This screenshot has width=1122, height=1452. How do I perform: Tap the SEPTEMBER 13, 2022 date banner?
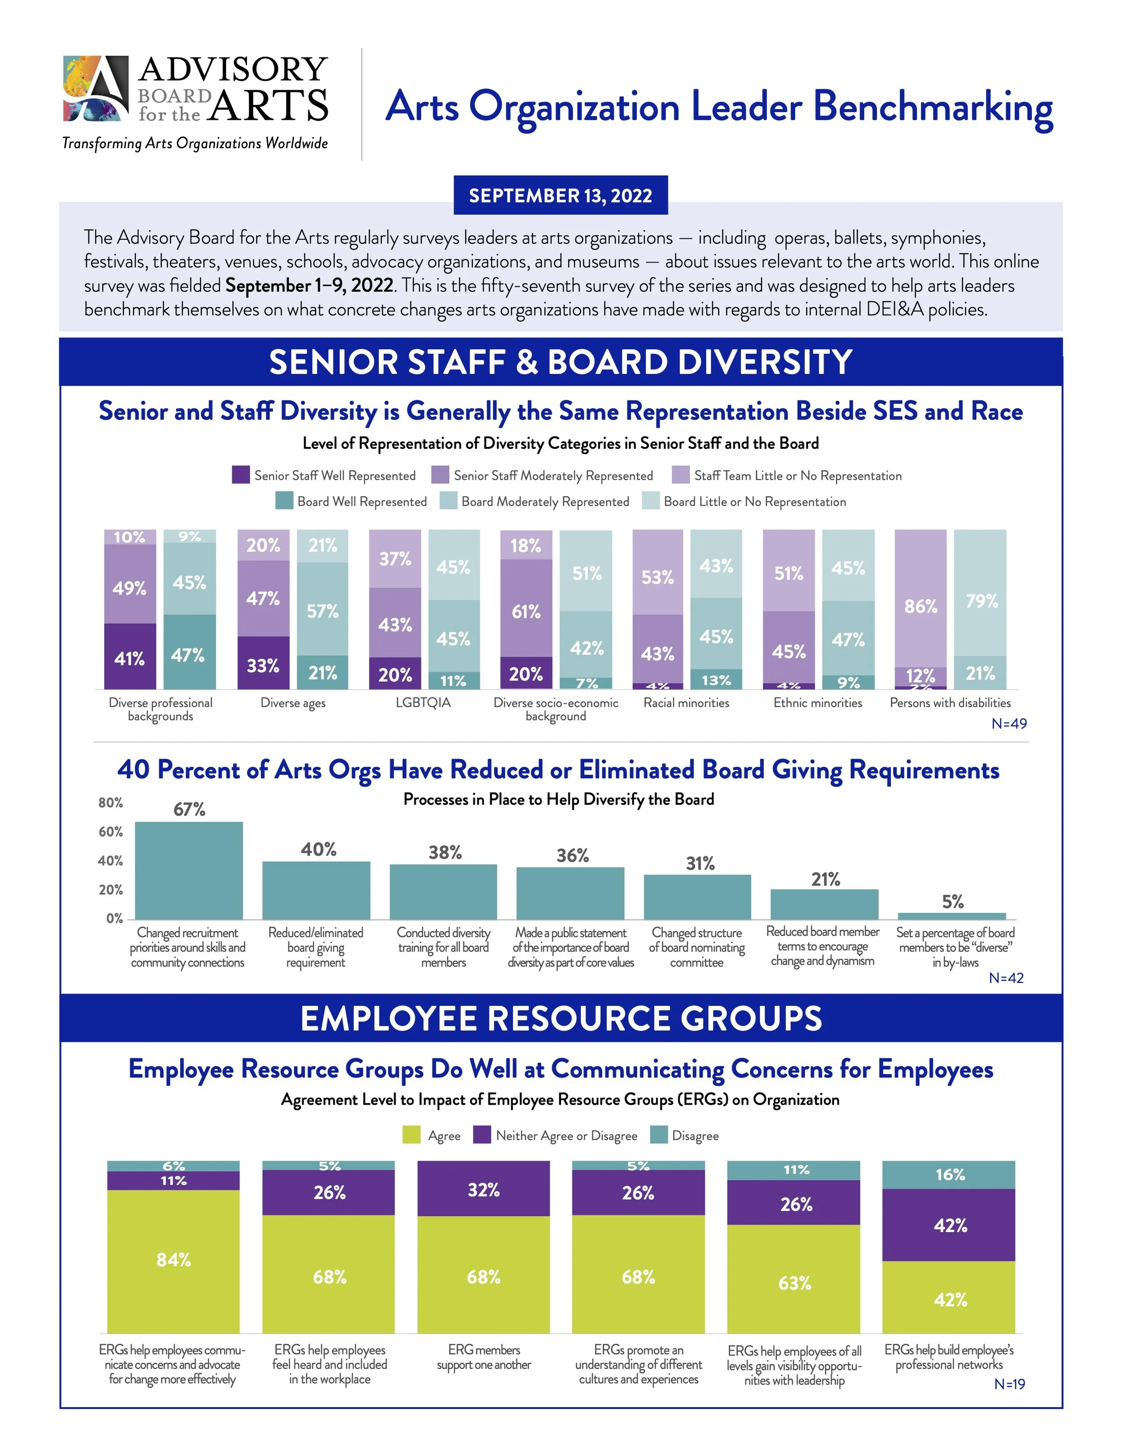561,195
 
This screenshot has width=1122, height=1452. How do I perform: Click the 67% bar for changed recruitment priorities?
189,870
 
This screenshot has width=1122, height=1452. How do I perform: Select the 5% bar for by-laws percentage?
952,916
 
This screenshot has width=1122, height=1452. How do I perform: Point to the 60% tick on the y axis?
110,832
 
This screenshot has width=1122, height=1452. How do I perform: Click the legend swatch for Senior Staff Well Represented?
241,475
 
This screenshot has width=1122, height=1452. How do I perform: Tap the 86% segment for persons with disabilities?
920,598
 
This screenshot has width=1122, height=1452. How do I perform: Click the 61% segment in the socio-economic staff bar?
526,608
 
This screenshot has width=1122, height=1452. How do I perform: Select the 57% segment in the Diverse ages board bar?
322,609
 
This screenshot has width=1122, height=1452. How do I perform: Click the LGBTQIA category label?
423,703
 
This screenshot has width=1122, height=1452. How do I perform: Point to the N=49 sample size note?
1008,724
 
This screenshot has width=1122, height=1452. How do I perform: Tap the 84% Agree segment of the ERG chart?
174,1260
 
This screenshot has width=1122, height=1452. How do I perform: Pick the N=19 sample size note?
1009,1384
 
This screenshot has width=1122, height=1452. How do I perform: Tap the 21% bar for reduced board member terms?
824,904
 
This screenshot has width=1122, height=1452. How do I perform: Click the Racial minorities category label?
686,703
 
